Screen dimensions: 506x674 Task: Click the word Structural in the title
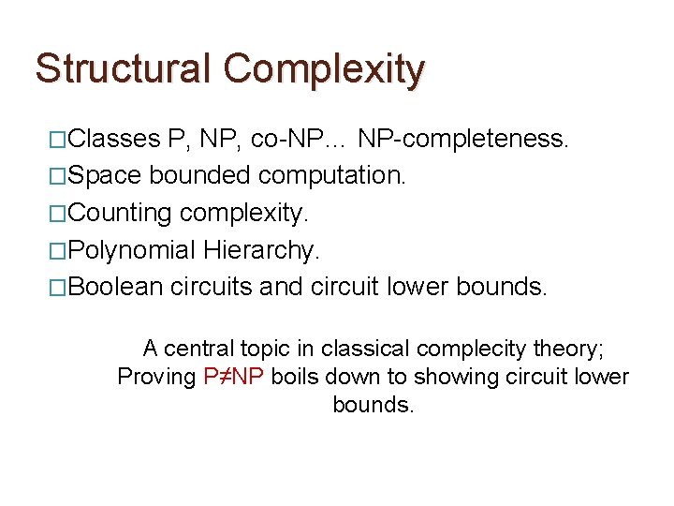[123, 69]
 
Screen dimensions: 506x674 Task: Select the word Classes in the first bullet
[114, 140]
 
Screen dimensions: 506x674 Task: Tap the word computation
[332, 176]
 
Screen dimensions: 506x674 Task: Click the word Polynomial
[132, 250]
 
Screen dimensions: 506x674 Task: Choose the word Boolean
[116, 287]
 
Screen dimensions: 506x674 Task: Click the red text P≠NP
[234, 378]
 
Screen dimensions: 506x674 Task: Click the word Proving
[156, 378]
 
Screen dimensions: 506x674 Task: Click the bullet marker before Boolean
[58, 287]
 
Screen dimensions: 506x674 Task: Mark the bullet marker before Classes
[58, 140]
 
